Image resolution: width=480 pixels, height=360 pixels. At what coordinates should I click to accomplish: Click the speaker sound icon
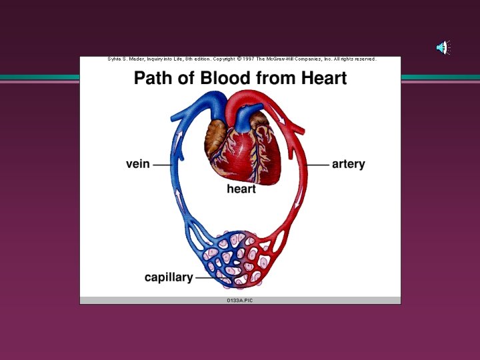[443, 47]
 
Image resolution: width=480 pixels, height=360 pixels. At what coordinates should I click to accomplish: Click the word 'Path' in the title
[155, 79]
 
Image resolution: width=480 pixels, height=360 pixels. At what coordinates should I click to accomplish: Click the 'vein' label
[137, 164]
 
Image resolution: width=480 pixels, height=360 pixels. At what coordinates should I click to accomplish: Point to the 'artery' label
[348, 164]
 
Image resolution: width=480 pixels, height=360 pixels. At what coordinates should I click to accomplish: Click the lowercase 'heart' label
[241, 189]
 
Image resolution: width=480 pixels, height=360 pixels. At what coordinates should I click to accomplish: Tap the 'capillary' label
[168, 277]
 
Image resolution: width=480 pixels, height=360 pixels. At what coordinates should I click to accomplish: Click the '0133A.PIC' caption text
[240, 301]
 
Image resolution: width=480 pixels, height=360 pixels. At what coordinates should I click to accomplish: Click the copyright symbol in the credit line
[239, 59]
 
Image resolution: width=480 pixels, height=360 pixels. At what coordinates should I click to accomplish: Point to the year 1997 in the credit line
[249, 59]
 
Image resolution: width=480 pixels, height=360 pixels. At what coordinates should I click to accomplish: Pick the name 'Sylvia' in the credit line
[114, 59]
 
